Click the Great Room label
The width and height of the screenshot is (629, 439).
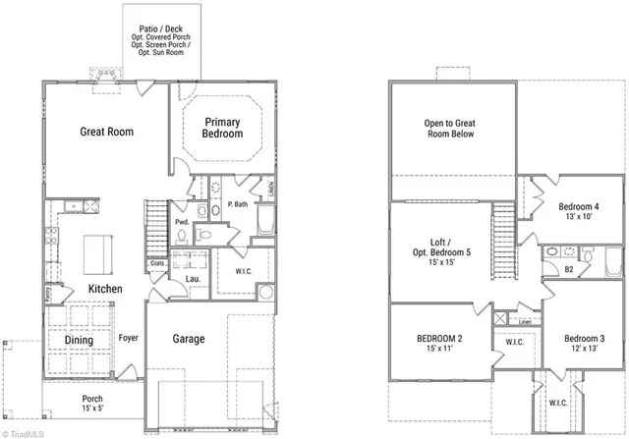106,132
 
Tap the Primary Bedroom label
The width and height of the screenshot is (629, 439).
223,128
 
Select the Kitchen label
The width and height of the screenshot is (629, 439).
105,289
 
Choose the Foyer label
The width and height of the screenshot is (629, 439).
128,340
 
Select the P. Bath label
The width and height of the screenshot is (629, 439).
237,204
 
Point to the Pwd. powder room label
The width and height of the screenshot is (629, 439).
182,223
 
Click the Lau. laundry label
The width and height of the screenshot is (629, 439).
194,279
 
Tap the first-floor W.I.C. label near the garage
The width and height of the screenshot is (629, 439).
246,271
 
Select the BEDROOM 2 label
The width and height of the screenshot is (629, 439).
439,344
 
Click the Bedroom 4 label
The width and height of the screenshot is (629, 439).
579,212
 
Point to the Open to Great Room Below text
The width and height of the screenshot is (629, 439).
448,129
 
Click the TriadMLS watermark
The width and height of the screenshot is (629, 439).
27,432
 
